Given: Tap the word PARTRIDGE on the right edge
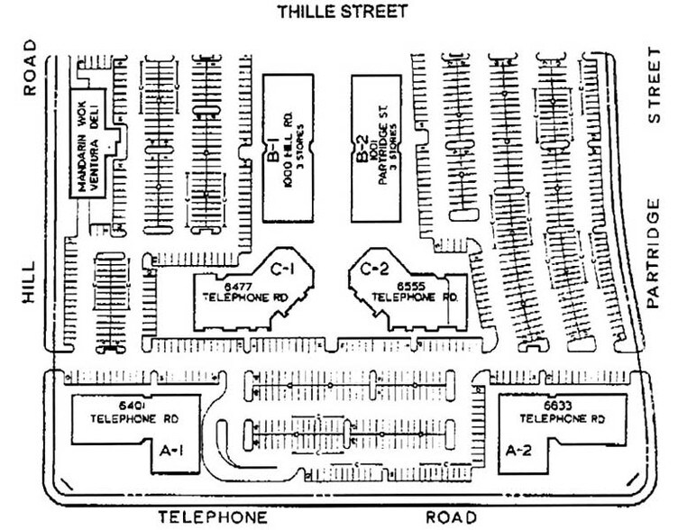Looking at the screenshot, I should [x=656, y=253].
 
